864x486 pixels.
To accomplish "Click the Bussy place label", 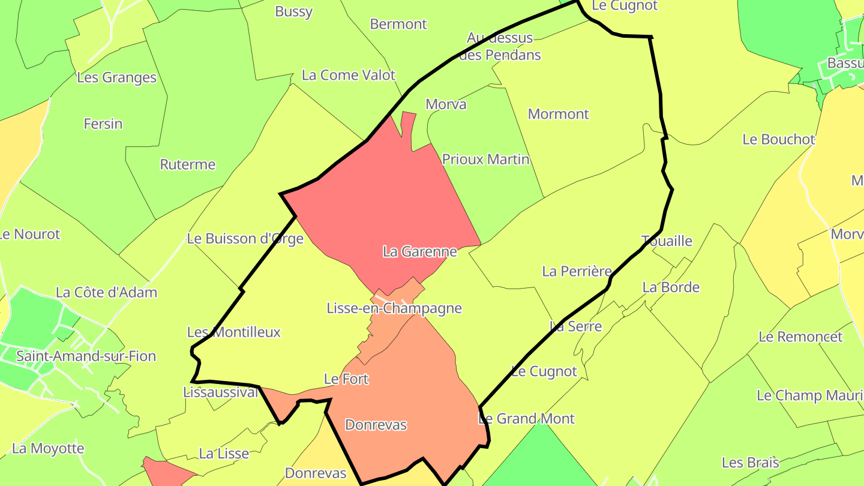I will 293,11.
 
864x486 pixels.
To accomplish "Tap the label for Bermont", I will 398,25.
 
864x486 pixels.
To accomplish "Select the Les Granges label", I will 116,77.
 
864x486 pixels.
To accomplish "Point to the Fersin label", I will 103,124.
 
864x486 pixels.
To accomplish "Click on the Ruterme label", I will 187,164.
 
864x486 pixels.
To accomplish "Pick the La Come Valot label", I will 349,75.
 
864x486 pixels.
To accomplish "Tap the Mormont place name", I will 558,114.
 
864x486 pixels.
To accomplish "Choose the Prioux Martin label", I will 485,160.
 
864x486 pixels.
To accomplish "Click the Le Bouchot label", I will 778,139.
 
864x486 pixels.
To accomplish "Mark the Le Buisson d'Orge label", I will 245,239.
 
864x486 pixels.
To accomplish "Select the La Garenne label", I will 419,252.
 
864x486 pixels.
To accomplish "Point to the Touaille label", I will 667,241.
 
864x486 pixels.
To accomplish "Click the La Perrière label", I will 577,271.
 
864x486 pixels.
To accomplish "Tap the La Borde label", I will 671,287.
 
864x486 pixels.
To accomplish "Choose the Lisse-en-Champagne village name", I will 394,308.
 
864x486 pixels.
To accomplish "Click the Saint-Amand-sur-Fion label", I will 86,356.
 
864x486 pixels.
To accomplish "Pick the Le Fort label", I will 346,379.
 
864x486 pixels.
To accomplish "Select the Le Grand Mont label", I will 526,419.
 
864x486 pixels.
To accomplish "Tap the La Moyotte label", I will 48,449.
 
